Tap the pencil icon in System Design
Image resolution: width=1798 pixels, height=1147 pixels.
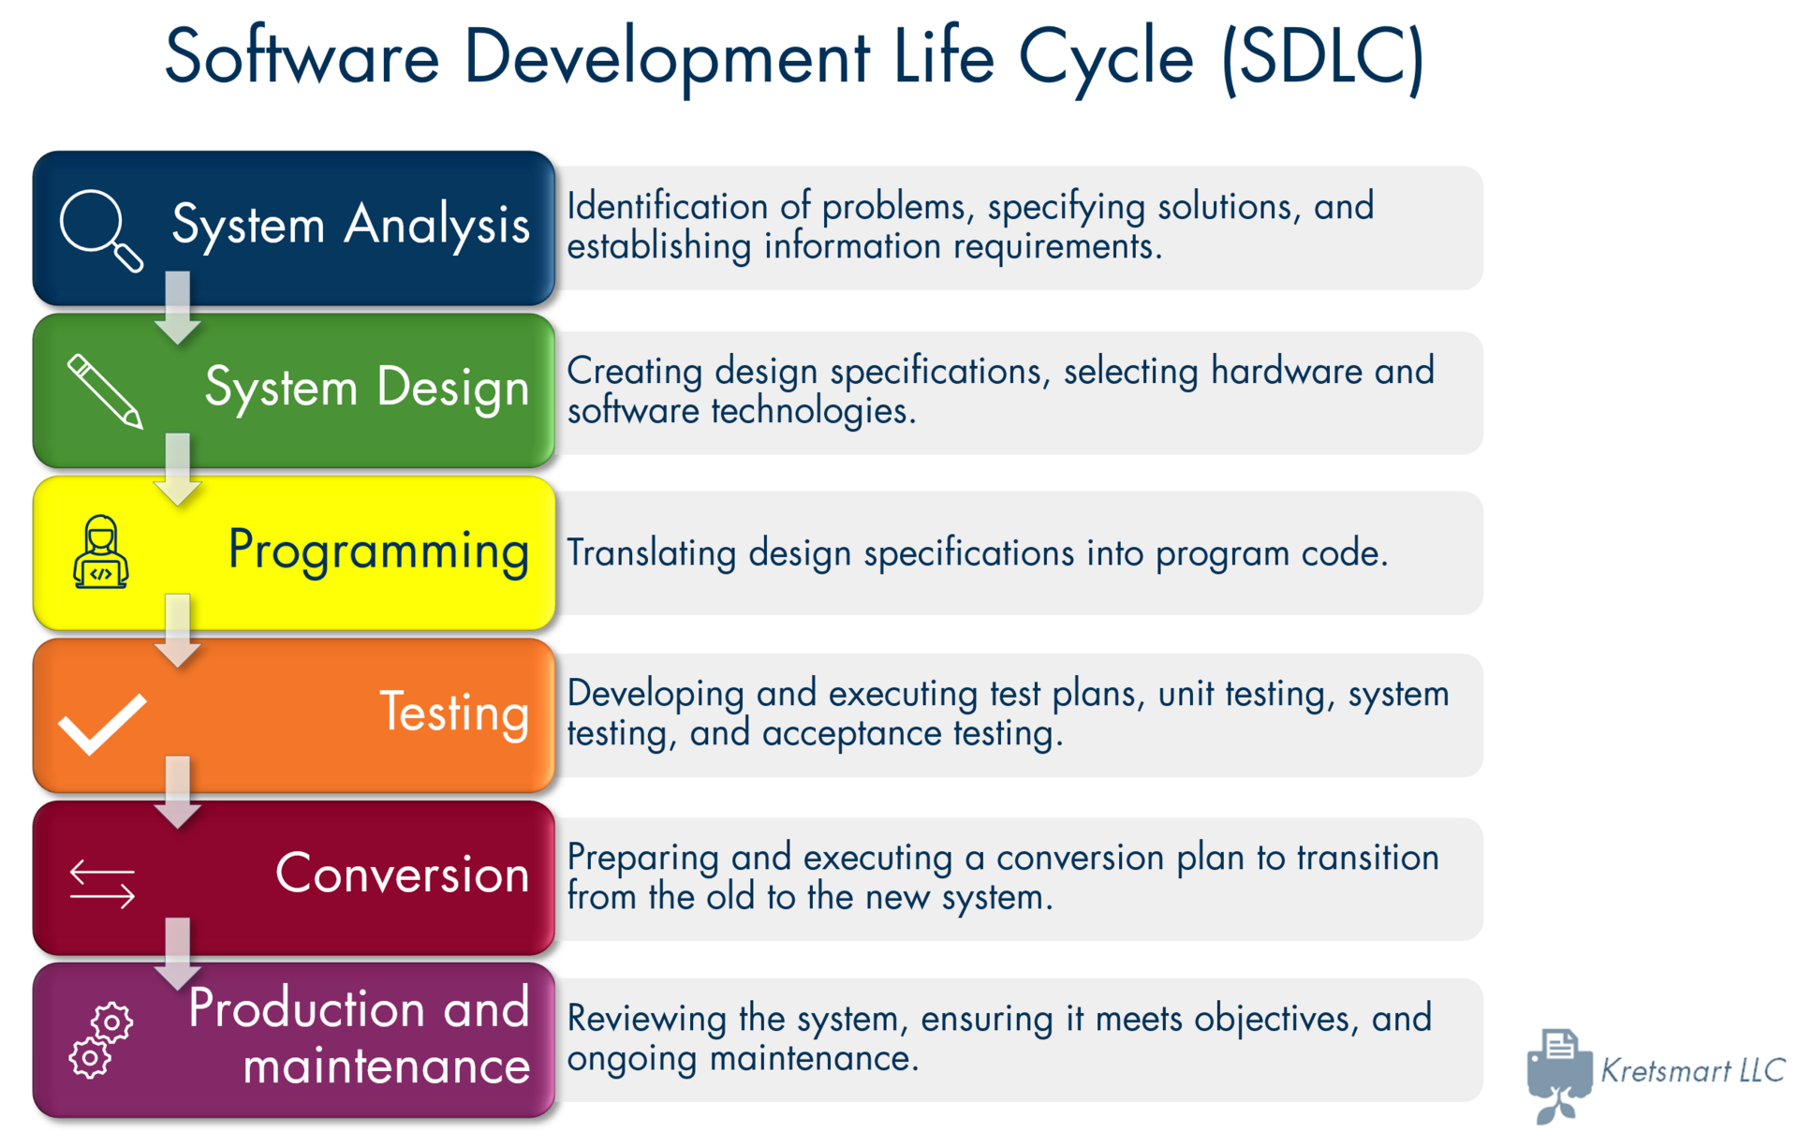(x=105, y=390)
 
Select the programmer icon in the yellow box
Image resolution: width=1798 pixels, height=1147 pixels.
(x=101, y=552)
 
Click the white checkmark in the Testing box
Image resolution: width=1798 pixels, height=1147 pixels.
(x=102, y=724)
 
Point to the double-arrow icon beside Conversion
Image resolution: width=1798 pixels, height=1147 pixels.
(x=102, y=884)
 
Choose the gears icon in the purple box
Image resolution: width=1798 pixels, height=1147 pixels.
(x=101, y=1040)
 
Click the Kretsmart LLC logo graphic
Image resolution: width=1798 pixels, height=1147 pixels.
(x=1559, y=1075)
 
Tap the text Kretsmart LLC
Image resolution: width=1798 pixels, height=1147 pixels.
(x=1693, y=1070)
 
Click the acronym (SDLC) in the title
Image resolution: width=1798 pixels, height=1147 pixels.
(x=1323, y=58)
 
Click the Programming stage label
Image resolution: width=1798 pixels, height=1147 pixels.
(x=379, y=551)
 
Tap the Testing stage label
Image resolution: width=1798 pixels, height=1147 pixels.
(x=455, y=713)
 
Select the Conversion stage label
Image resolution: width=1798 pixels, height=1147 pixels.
(x=403, y=874)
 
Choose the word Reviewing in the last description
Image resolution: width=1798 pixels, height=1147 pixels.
(x=647, y=1019)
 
